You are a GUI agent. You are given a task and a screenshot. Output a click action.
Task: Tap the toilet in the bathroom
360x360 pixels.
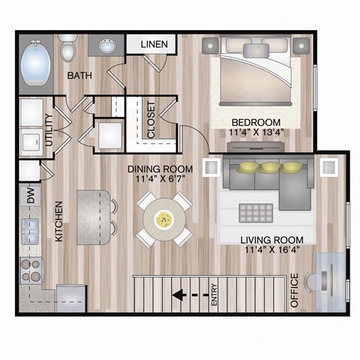click(68, 49)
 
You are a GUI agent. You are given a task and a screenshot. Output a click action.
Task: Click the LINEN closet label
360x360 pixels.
click(157, 45)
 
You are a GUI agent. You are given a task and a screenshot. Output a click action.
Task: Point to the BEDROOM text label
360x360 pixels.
click(256, 122)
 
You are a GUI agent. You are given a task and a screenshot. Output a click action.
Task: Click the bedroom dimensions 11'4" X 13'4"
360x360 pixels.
click(256, 134)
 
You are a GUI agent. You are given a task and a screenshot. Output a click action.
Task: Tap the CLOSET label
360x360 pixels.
click(151, 119)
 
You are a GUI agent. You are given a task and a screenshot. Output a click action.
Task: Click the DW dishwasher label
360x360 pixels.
click(31, 197)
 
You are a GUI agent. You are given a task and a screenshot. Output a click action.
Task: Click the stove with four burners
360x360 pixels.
click(32, 269)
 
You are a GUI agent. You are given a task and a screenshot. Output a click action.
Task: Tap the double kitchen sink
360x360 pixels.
click(31, 229)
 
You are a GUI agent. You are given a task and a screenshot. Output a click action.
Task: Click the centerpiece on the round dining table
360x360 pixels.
click(163, 218)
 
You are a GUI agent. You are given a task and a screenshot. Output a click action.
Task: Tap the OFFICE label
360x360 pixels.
click(294, 292)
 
